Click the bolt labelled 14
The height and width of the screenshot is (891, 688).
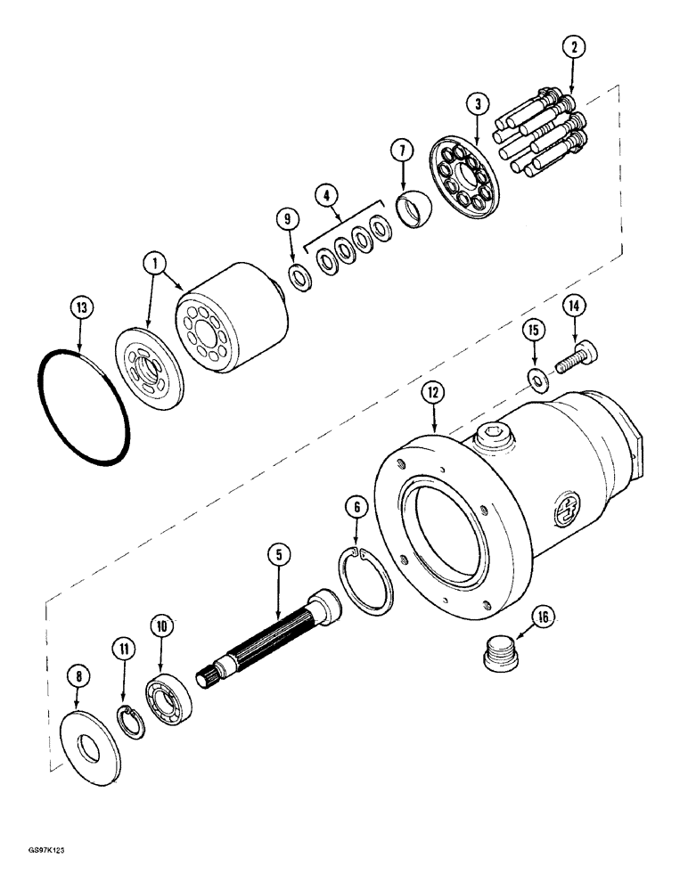577,360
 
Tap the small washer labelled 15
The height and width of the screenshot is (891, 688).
537,379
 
